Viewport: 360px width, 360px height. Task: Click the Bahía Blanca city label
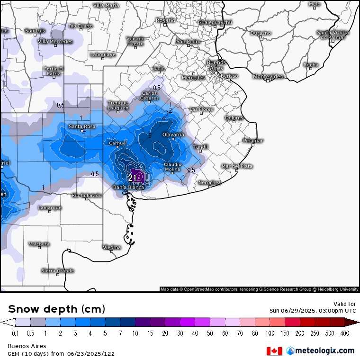pyautogui.click(x=128, y=187)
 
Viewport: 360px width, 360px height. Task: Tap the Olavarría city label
pyautogui.click(x=173, y=135)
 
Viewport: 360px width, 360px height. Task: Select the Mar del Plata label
pyautogui.click(x=237, y=166)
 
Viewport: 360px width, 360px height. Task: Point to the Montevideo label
pyautogui.click(x=268, y=77)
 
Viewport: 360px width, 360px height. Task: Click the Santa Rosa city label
pyautogui.click(x=82, y=126)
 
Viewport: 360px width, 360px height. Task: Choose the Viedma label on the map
pyautogui.click(x=112, y=247)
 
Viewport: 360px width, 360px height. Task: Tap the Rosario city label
pyautogui.click(x=166, y=20)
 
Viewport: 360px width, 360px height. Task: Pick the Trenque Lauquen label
pyautogui.click(x=118, y=105)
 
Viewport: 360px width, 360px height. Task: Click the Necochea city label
pyautogui.click(x=209, y=182)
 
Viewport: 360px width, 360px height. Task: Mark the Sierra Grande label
pyautogui.click(x=58, y=271)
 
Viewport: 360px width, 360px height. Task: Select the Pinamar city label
pyautogui.click(x=252, y=141)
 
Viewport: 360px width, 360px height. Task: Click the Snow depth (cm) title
pyautogui.click(x=56, y=309)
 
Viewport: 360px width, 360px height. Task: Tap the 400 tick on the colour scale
pyautogui.click(x=344, y=333)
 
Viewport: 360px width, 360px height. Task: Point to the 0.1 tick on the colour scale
pyautogui.click(x=16, y=333)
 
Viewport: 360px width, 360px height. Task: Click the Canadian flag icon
pyautogui.click(x=274, y=351)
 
